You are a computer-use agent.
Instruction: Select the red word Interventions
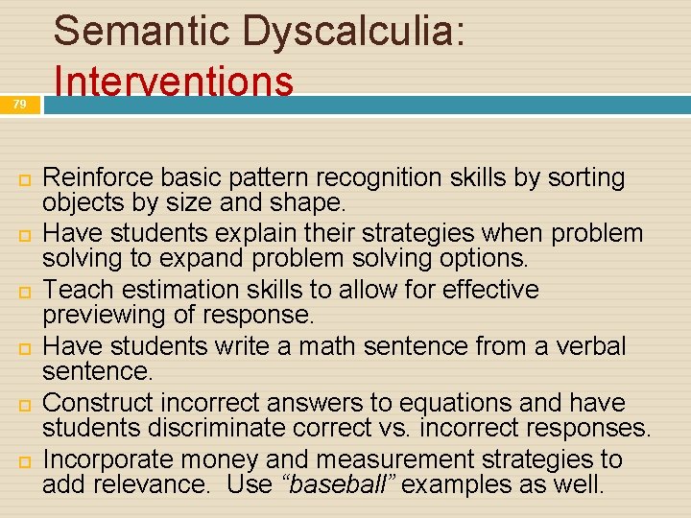click(x=174, y=81)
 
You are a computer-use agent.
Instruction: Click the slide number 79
click(x=20, y=105)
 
